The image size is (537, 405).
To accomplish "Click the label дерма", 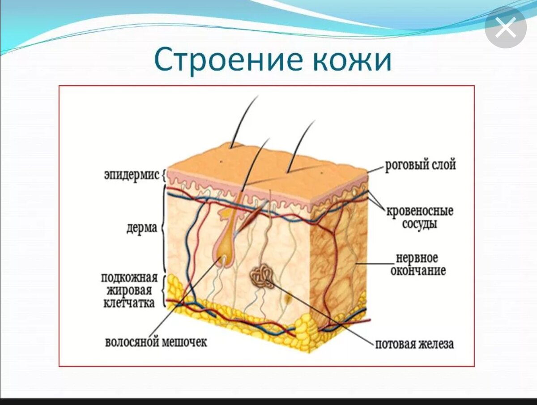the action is [x=141, y=228].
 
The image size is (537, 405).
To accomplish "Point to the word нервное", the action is [x=417, y=258].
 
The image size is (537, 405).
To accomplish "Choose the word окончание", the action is [x=418, y=271].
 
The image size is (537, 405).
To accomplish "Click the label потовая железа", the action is [x=414, y=344].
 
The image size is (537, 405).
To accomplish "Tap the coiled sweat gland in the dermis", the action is [x=263, y=276].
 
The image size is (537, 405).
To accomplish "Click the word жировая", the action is [x=129, y=290].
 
